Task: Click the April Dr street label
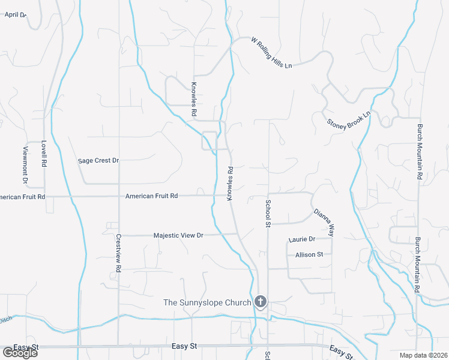[15, 14]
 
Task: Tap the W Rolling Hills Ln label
[271, 52]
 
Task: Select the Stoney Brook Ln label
[349, 118]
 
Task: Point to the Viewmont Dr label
[26, 164]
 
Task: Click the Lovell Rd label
[44, 154]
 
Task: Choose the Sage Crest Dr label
[99, 161]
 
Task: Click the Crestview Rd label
[119, 254]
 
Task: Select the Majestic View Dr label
[179, 236]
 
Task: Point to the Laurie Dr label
[301, 239]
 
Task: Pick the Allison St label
[309, 255]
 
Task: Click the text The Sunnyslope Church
[207, 302]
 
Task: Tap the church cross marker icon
[261, 301]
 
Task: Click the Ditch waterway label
[5, 320]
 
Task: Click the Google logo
[20, 352]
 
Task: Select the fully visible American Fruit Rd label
[152, 196]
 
